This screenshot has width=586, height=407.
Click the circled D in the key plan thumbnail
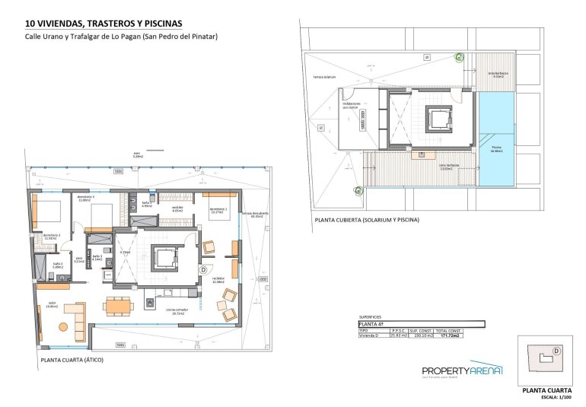click(x=556, y=351)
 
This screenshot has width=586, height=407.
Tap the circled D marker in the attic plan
click(x=203, y=269)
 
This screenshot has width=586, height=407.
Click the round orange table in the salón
click(x=62, y=326)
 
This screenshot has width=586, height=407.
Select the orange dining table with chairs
click(x=119, y=306)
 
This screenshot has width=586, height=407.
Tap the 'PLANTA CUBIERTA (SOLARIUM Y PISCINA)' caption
click(x=366, y=221)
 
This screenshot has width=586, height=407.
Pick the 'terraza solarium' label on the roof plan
click(x=329, y=78)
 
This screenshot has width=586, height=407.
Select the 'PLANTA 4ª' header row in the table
click(x=410, y=323)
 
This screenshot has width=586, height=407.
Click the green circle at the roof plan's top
click(x=459, y=56)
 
